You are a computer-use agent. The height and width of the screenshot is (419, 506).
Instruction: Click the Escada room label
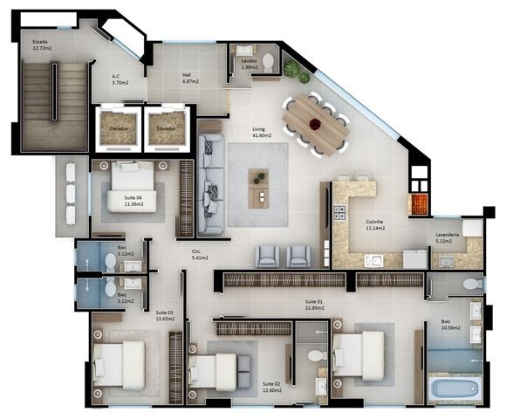coord(41,45)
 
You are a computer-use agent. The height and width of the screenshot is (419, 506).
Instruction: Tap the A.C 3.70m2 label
coord(120,79)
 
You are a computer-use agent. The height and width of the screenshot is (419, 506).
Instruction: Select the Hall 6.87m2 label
coord(190,79)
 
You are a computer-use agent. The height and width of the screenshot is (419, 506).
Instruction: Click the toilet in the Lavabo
coord(268,62)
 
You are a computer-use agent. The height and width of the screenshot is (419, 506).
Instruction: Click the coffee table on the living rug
coord(259,186)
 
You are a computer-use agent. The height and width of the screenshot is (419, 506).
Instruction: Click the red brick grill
coord(420,203)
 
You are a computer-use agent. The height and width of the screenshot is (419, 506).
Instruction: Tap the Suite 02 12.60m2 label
coord(272,387)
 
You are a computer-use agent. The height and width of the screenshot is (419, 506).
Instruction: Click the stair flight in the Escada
coord(54,105)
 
